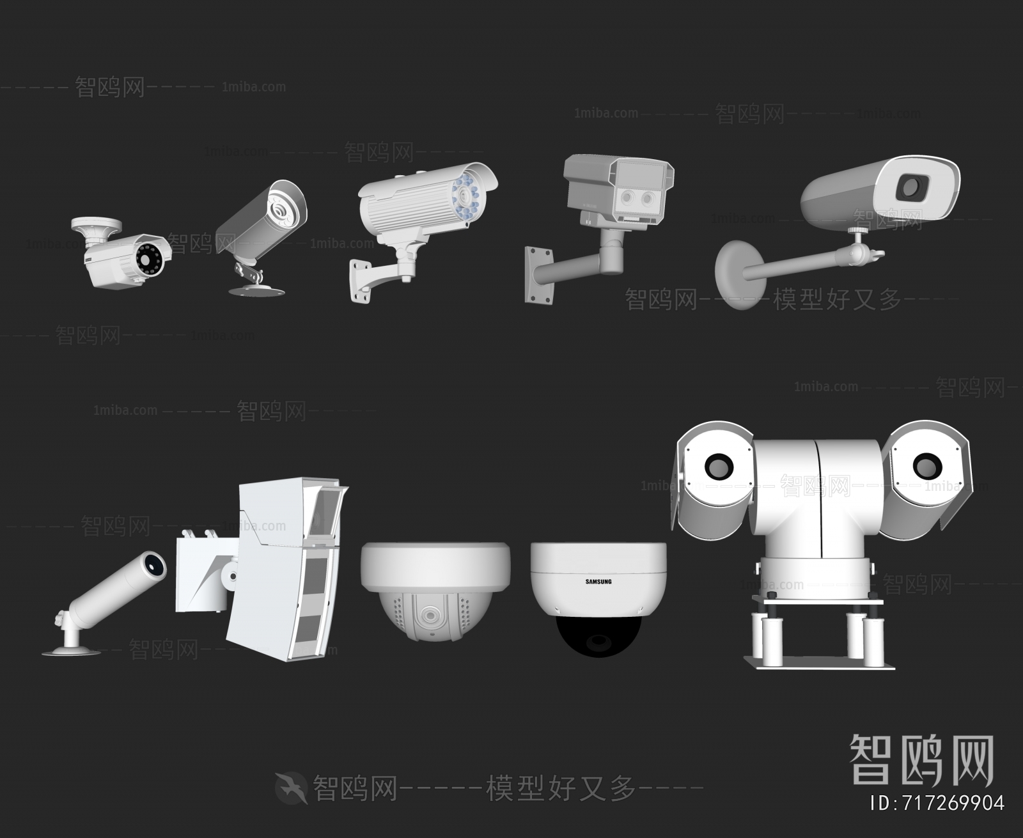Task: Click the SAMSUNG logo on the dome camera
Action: (x=598, y=582)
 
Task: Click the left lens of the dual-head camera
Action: (x=718, y=466)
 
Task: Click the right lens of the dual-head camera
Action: (x=926, y=466)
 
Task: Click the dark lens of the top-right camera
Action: (x=910, y=187)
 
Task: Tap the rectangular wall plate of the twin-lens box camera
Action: (x=538, y=275)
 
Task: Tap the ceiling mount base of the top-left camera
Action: (x=96, y=224)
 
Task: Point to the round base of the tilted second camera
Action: (x=256, y=291)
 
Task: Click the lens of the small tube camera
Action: (x=153, y=563)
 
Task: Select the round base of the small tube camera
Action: (x=70, y=651)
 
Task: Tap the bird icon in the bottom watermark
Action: (x=292, y=788)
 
